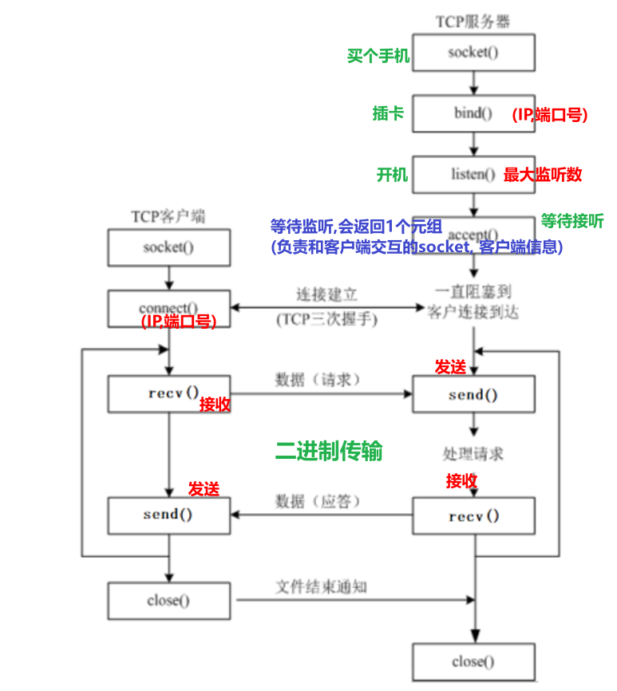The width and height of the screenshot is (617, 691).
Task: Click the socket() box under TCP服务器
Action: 473,53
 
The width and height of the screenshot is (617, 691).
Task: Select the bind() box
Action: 473,113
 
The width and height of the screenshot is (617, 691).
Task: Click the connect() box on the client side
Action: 168,308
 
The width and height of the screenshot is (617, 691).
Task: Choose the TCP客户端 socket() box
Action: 168,247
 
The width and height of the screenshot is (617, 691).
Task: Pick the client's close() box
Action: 168,601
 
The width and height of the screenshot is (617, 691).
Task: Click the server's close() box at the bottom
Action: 473,661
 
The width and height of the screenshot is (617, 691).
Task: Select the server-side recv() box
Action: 473,515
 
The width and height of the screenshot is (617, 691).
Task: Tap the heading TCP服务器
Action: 473,22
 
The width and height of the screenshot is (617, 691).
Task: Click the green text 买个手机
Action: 378,56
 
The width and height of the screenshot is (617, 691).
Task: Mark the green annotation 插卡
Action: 388,113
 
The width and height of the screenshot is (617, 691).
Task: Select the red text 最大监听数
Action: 543,175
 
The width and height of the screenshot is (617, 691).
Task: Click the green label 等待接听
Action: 572,220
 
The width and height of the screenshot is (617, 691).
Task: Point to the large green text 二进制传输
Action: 329,452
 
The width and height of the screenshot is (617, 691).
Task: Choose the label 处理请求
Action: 473,453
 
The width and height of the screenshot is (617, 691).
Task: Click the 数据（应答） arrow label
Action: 318,501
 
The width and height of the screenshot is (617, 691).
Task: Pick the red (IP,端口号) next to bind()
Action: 550,115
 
